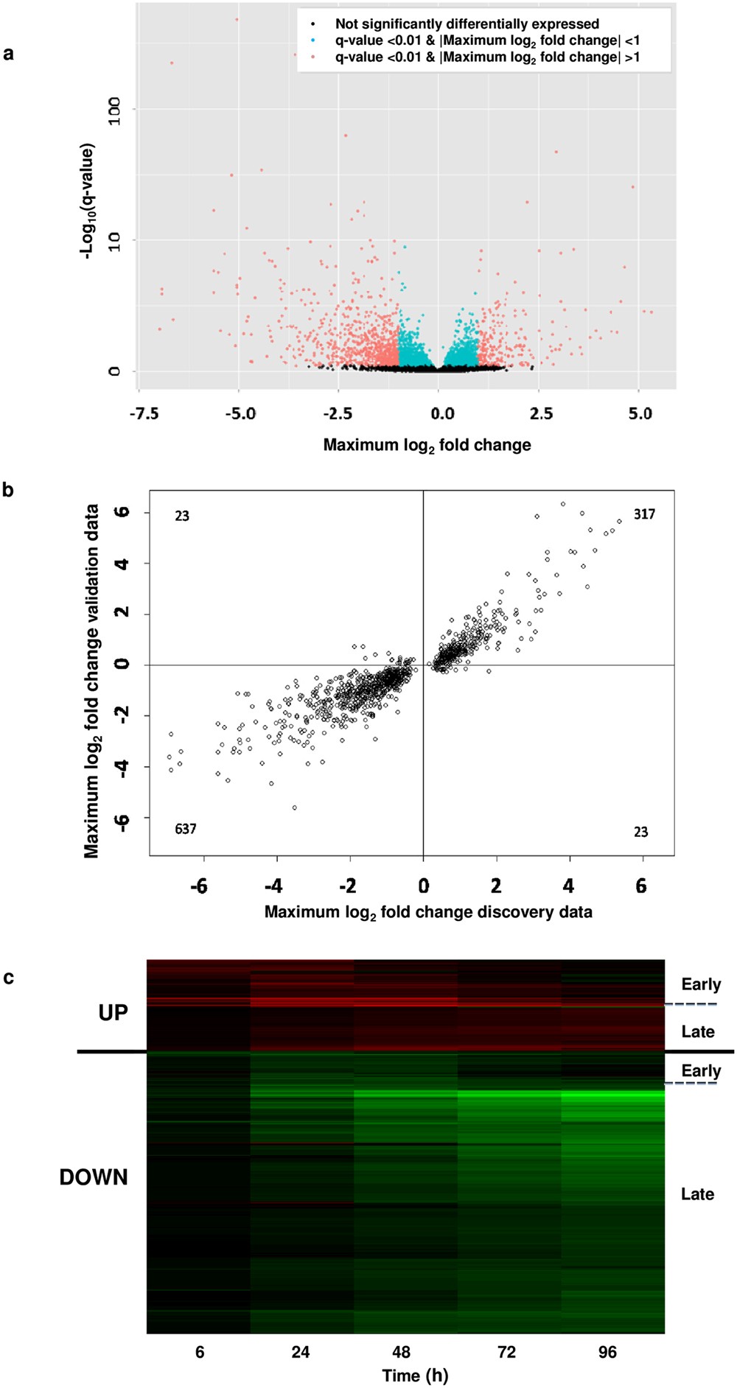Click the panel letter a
(8, 53)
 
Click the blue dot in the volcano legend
(314, 41)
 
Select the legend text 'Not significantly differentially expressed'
(467, 24)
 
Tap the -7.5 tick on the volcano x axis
(144, 413)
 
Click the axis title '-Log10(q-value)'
(88, 200)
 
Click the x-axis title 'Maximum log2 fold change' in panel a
(427, 445)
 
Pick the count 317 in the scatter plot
(644, 514)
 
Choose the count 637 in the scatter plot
(186, 829)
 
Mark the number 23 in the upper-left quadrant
(182, 516)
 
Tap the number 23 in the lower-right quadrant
(640, 832)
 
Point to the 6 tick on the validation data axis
(123, 512)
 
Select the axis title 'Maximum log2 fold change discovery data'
(428, 912)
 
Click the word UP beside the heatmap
(113, 1012)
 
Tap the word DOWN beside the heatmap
(94, 1177)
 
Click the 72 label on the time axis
(506, 1352)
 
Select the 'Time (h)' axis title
(415, 1375)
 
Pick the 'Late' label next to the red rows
(697, 1031)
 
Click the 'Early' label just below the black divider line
(701, 1070)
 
